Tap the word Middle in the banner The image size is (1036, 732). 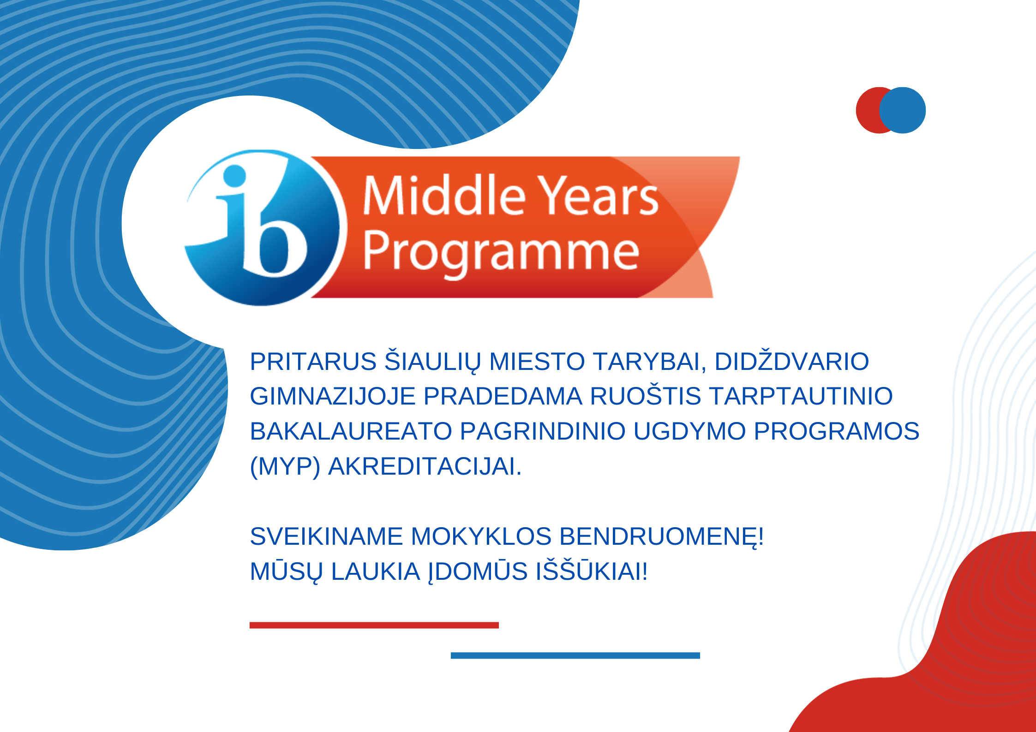click(x=444, y=195)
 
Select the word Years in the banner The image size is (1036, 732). click(x=599, y=196)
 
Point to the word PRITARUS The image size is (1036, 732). click(x=313, y=361)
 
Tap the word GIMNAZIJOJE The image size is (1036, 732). click(x=333, y=396)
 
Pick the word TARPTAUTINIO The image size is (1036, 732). click(x=801, y=396)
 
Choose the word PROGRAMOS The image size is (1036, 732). click(x=836, y=431)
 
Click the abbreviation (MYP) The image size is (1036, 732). click(x=285, y=467)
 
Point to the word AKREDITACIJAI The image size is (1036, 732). click(x=425, y=466)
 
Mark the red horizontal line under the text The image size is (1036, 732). click(x=374, y=625)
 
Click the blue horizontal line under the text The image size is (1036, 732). click(x=575, y=655)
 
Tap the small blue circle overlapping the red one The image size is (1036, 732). click(x=903, y=110)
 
